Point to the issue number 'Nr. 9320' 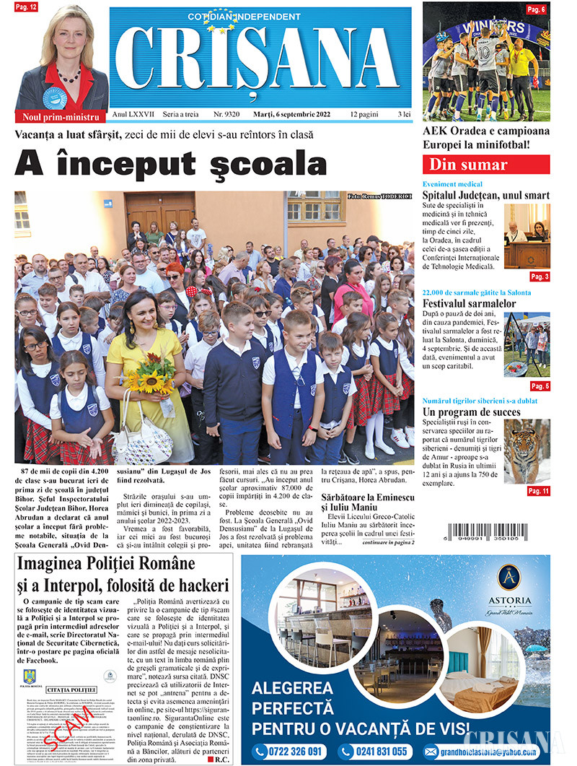(227, 116)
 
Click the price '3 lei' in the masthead (404, 116)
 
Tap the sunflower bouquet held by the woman (151, 381)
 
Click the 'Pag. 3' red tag (539, 277)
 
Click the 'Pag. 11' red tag (538, 491)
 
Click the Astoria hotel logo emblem (509, 577)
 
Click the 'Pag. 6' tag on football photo (536, 9)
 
